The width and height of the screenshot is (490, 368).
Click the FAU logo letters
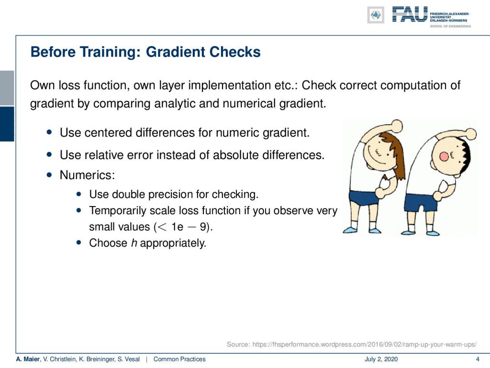click(410, 14)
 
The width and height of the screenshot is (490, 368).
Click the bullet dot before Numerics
click(49, 174)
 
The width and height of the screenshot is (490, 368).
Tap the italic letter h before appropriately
click(134, 243)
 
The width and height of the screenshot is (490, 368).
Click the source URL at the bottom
click(364, 345)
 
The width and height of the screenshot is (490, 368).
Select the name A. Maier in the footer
click(28, 359)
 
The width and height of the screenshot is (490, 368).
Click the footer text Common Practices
click(179, 359)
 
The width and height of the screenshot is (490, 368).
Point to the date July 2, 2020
click(381, 359)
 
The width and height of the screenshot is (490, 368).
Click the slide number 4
click(478, 359)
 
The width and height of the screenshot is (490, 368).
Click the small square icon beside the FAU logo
click(376, 15)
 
